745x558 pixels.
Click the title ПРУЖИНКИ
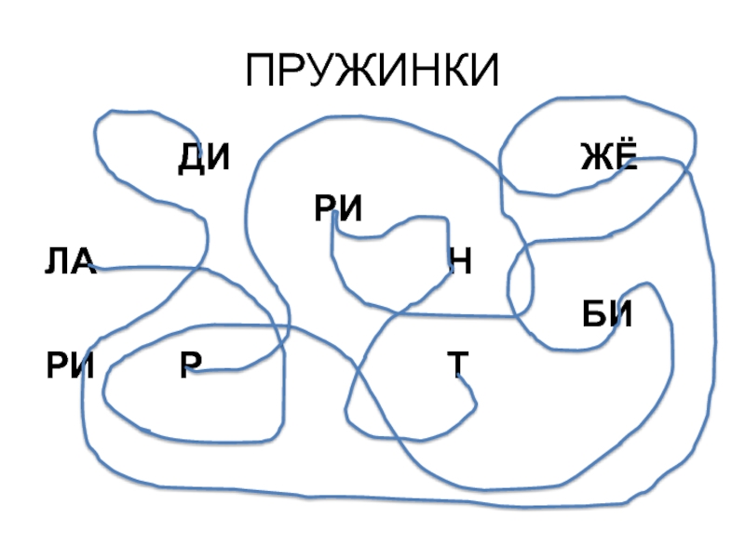[372, 72]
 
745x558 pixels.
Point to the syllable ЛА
[71, 263]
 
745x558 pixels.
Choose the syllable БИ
[607, 315]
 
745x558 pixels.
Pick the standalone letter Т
[457, 366]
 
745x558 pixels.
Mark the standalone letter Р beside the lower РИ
[190, 366]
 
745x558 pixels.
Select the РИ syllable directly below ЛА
[71, 366]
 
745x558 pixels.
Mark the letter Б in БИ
[594, 315]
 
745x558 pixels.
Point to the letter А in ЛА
[84, 263]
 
